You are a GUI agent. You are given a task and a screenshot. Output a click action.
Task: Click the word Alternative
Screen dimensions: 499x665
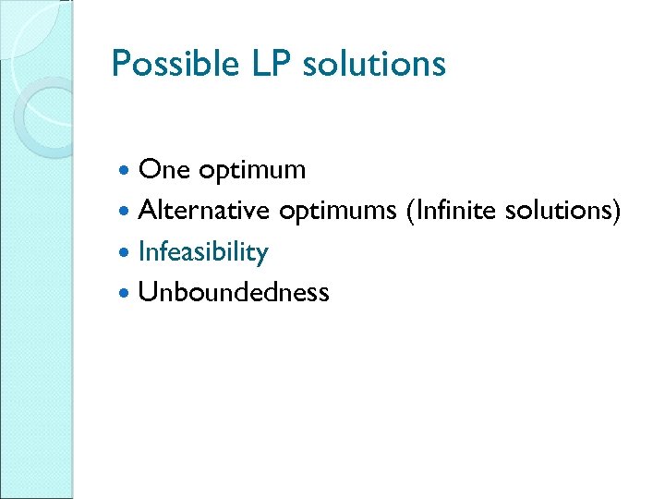click(x=203, y=211)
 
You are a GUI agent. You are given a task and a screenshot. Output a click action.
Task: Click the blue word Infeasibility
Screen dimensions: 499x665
click(x=203, y=252)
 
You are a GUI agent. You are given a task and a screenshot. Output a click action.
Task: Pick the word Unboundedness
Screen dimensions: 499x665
click(x=234, y=292)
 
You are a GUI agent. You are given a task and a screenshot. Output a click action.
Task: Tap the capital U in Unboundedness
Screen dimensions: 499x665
click(x=146, y=292)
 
